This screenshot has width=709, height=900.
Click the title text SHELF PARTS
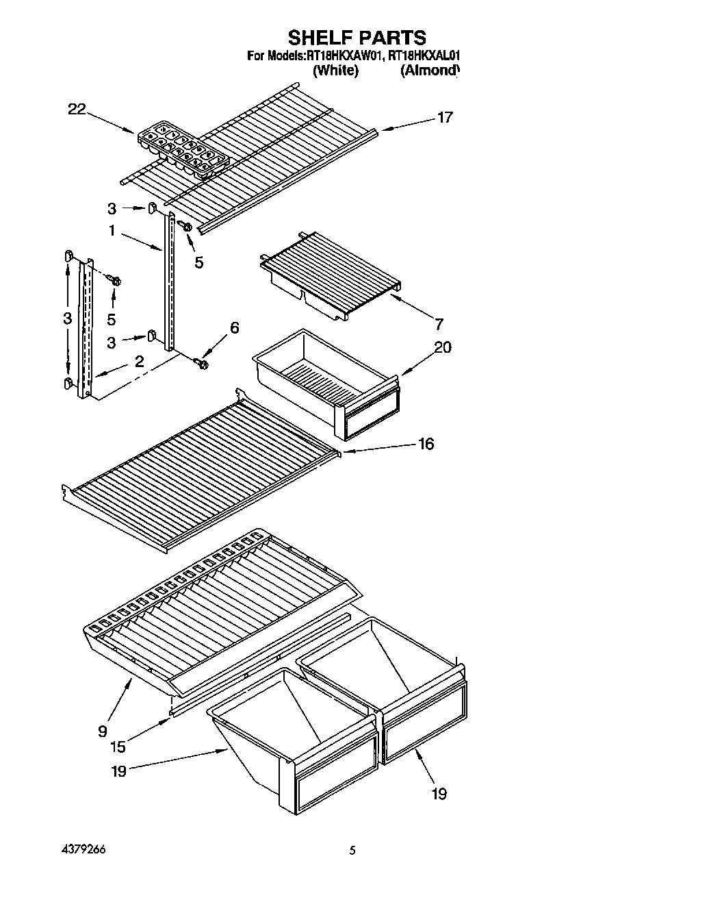tap(357, 37)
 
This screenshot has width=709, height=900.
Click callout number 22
tap(77, 109)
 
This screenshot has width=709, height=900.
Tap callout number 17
tap(445, 118)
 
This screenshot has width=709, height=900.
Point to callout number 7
tap(439, 324)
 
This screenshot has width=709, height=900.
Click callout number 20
tap(443, 347)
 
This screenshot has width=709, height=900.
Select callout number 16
tap(426, 445)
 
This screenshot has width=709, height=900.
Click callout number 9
tap(103, 732)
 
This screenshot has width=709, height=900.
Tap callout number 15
tap(118, 747)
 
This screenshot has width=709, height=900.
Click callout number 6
tap(234, 328)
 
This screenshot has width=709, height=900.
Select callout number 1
tap(112, 231)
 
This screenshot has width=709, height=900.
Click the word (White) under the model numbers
tap(335, 71)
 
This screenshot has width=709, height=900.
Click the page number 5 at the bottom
tap(352, 851)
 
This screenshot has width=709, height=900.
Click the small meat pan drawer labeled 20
tap(328, 384)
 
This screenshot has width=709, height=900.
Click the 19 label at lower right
tap(438, 794)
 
